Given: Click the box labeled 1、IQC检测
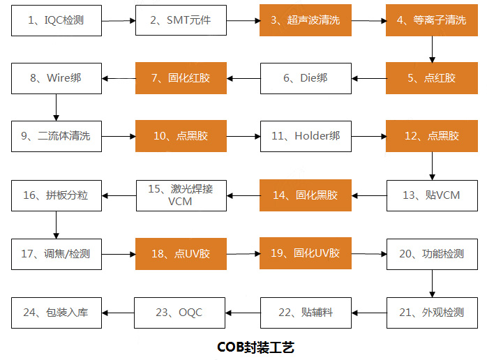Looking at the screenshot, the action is pyautogui.click(x=57, y=20).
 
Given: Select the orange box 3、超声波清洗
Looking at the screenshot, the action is pyautogui.click(x=306, y=20).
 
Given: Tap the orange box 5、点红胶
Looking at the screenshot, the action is pyautogui.click(x=432, y=78).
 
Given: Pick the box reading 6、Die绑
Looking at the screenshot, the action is pyautogui.click(x=306, y=78).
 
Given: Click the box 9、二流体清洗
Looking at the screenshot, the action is pyautogui.click(x=57, y=136).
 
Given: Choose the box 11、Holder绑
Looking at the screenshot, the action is pyautogui.click(x=306, y=136).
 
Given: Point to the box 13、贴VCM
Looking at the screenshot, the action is pyautogui.click(x=432, y=195).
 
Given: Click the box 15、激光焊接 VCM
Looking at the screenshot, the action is pyautogui.click(x=181, y=195).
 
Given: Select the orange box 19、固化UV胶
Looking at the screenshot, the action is pyautogui.click(x=306, y=253).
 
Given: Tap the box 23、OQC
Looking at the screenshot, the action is pyautogui.click(x=179, y=313).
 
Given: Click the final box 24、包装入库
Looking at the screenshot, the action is pyautogui.click(x=57, y=313).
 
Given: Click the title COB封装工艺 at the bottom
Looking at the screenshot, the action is pyautogui.click(x=255, y=347).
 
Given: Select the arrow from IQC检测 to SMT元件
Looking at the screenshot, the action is pyautogui.click(x=119, y=21).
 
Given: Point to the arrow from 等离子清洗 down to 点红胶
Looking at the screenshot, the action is pyautogui.click(x=432, y=50).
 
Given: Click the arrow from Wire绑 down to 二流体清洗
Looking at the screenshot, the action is pyautogui.click(x=57, y=107).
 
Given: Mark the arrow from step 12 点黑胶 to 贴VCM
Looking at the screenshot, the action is pyautogui.click(x=432, y=166).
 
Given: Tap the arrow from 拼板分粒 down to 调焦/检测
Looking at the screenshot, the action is pyautogui.click(x=57, y=225).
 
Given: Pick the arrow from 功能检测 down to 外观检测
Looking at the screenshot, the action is pyautogui.click(x=432, y=283).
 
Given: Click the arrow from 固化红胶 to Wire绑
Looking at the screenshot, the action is pyautogui.click(x=119, y=79).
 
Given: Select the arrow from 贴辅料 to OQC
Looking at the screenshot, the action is pyautogui.click(x=243, y=313).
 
